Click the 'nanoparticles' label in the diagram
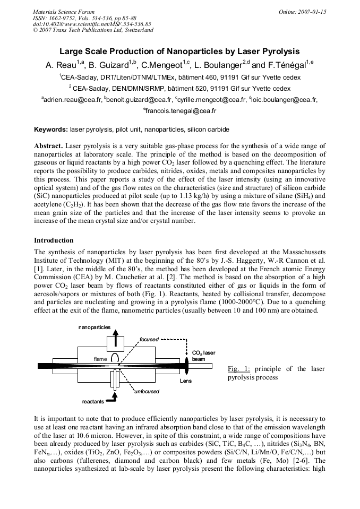point(95,327)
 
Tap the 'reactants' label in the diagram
point(93,402)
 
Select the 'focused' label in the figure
point(149,339)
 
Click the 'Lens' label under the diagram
point(186,381)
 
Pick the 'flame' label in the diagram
point(100,359)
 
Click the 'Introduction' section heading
point(54,240)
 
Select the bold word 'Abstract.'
point(49,145)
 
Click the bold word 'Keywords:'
point(51,129)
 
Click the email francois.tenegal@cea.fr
point(180,111)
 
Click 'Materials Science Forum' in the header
point(64,11)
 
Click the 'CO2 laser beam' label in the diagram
point(203,356)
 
